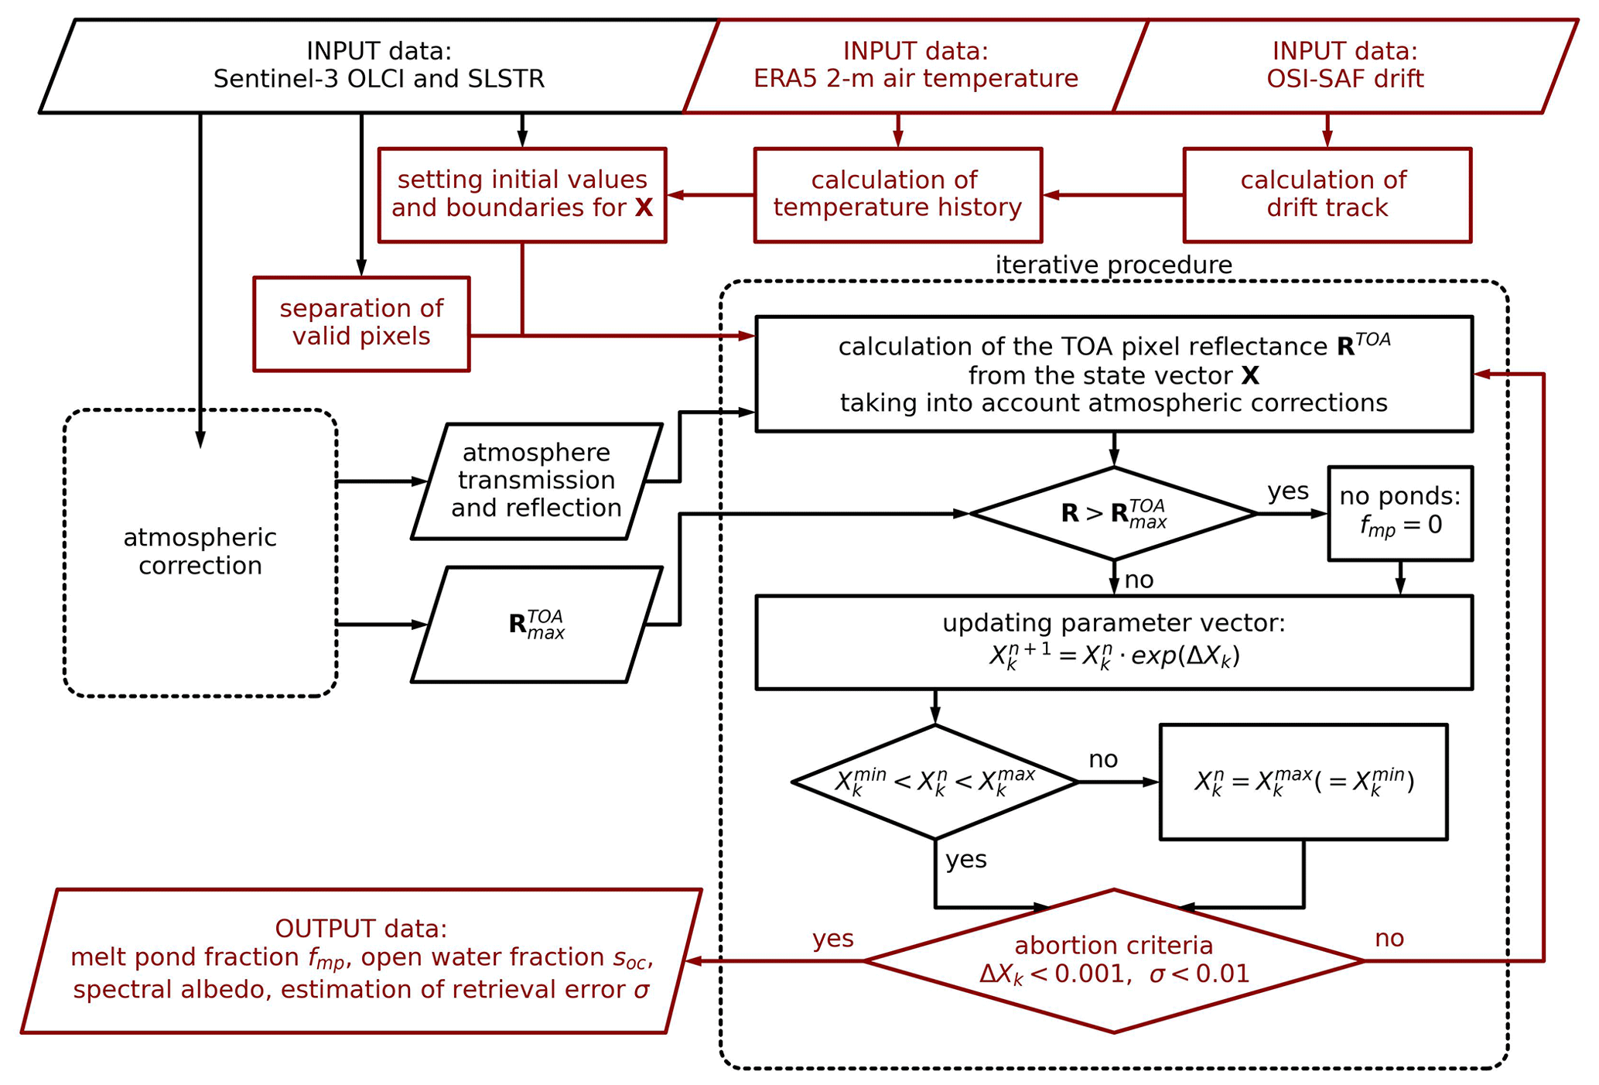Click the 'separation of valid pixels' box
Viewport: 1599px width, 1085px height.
(361, 323)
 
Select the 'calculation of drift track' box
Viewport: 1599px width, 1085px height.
(1327, 195)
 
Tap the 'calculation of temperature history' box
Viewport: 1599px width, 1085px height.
(897, 195)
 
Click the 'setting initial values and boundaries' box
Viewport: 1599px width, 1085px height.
(522, 195)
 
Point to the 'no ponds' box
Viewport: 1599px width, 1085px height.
(1399, 513)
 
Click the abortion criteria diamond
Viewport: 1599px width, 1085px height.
(1113, 960)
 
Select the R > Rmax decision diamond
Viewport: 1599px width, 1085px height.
(1113, 513)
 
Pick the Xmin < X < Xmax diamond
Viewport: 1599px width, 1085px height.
(934, 782)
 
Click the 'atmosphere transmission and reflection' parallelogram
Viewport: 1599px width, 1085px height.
(536, 481)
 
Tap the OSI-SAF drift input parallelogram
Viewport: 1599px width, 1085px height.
(1344, 66)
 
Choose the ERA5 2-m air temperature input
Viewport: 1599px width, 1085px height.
(915, 66)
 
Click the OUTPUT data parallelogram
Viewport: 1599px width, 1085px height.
(361, 960)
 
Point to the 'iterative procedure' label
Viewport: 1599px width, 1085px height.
(1113, 265)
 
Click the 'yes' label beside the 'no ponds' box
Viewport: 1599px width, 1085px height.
(1288, 491)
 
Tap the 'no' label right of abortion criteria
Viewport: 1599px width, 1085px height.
(1389, 939)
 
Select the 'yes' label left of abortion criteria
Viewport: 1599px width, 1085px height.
(832, 939)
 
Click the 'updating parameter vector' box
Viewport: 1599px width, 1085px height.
(1113, 642)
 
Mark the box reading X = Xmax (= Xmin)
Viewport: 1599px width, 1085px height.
(1303, 782)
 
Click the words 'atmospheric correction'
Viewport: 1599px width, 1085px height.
(200, 552)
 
